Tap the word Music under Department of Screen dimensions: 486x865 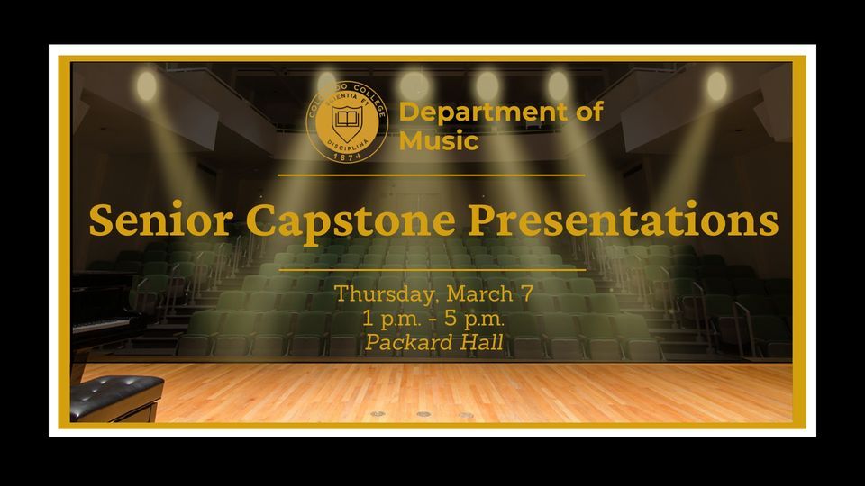click(x=439, y=141)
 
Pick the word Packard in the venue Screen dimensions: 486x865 click(x=404, y=343)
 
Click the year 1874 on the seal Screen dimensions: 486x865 click(x=347, y=155)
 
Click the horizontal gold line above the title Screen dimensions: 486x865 click(x=432, y=175)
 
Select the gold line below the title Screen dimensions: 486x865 click(x=432, y=268)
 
